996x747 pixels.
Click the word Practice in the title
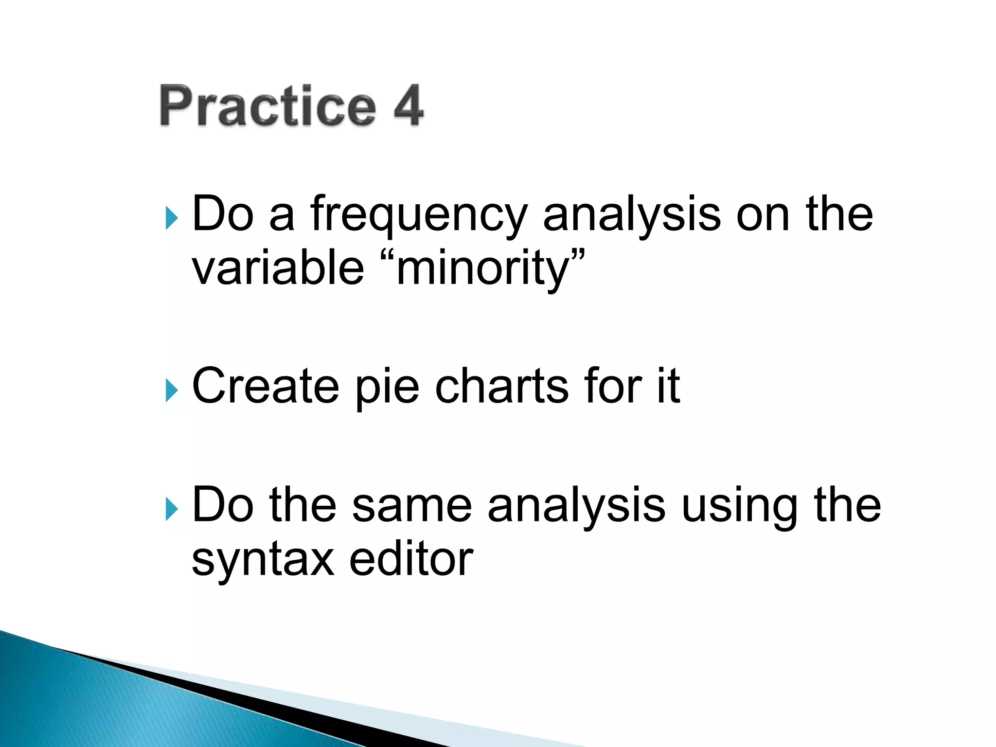[x=268, y=106]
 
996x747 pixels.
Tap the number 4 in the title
[x=408, y=106]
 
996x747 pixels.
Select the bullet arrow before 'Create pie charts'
[x=171, y=390]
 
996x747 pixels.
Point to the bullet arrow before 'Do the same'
[x=171, y=509]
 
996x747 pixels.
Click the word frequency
[x=419, y=216]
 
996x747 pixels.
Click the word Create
[x=266, y=386]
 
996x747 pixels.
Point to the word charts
[x=501, y=386]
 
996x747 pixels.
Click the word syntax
[x=263, y=560]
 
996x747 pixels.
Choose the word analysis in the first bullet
[x=632, y=216]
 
